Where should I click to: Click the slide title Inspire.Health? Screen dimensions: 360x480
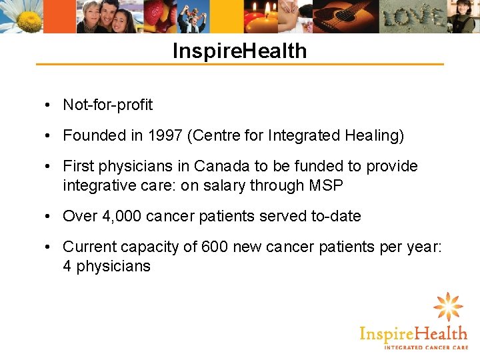239,51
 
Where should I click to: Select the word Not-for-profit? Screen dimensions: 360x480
107,105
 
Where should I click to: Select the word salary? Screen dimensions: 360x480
223,185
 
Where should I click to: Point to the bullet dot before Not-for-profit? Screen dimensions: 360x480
50,105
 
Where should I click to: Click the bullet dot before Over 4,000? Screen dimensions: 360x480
50,217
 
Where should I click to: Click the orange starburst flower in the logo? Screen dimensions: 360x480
447,307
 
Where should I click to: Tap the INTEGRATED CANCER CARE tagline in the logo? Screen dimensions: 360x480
425,347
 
